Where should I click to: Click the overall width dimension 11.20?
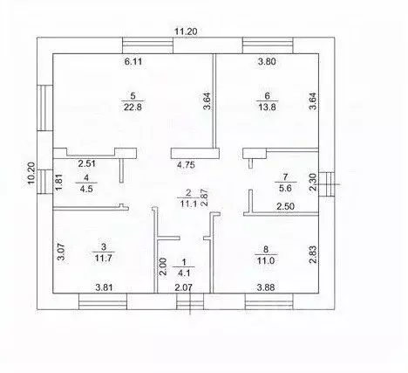click(x=186, y=31)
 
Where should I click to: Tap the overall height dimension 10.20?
click(x=31, y=173)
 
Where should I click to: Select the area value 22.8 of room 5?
click(x=133, y=107)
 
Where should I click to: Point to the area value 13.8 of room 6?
click(x=267, y=107)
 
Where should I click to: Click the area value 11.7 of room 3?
click(x=104, y=258)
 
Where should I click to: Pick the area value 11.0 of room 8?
click(x=266, y=260)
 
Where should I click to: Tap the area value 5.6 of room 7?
click(x=285, y=188)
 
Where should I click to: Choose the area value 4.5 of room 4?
click(x=86, y=189)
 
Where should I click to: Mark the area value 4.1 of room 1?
click(x=183, y=273)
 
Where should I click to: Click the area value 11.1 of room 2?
click(x=188, y=204)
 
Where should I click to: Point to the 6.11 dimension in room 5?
click(x=133, y=62)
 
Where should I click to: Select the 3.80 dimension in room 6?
click(x=267, y=61)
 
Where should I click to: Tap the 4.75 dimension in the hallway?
click(x=186, y=165)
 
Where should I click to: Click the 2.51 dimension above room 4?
click(x=87, y=163)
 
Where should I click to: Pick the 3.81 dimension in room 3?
click(x=104, y=287)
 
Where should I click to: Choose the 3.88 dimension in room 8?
click(x=266, y=287)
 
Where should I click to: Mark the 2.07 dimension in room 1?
click(x=183, y=287)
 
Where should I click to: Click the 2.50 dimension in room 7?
click(x=285, y=206)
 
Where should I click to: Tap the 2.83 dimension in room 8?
click(x=313, y=255)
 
